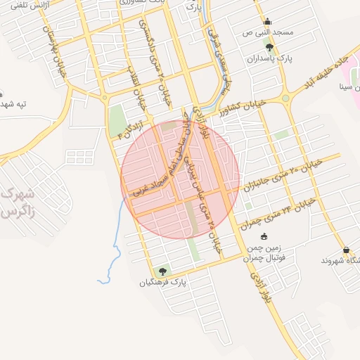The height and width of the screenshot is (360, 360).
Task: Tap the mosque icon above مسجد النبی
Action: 266,21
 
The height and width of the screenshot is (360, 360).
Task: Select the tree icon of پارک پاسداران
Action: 269,47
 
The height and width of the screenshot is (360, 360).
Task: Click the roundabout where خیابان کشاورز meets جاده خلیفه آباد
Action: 285,98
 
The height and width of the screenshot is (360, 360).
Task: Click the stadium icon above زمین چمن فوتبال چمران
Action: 264,237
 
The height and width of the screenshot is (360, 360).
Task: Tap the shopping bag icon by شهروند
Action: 346,250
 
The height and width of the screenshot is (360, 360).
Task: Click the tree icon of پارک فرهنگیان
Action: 163,271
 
